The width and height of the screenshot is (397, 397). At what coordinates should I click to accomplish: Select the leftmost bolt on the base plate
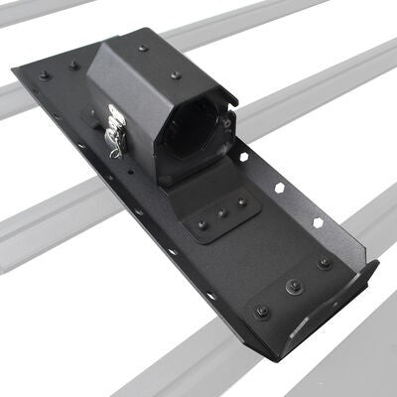pos(44,74)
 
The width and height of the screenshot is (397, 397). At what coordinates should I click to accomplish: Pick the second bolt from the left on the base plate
pos(73,66)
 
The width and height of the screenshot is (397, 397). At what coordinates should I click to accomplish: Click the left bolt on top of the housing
pos(143,48)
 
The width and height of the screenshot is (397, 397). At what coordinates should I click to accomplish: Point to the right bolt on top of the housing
pos(176,74)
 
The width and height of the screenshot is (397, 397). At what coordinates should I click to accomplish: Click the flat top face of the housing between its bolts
pos(159,61)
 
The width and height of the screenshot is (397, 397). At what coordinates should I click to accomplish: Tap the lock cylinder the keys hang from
pos(112,117)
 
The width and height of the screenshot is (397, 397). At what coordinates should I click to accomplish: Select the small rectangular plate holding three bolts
pos(220,211)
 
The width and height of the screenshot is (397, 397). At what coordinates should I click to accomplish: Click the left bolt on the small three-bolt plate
pos(202,224)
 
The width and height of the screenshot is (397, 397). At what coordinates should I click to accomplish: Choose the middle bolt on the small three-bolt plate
pos(223,210)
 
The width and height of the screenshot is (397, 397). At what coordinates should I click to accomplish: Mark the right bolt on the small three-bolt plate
pos(241,201)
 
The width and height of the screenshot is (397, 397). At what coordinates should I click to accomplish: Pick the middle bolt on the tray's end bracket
pos(294,286)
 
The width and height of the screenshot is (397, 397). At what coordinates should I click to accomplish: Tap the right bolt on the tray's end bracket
pos(325,263)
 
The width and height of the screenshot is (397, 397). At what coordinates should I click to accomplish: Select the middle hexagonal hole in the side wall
pos(281,190)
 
